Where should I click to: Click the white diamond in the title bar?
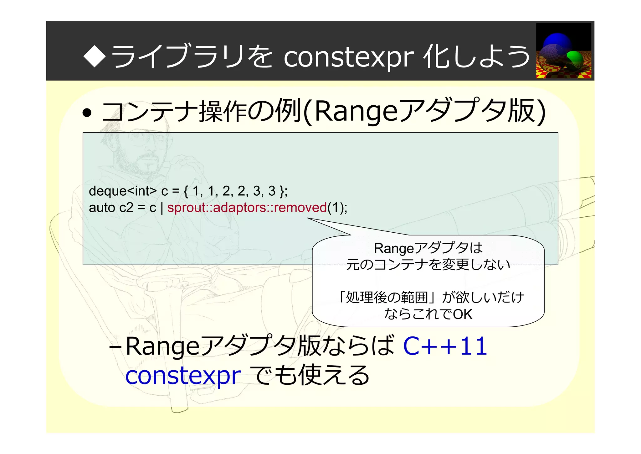94,56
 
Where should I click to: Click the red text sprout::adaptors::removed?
247,208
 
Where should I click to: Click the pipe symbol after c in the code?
162,208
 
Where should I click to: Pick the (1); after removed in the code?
337,208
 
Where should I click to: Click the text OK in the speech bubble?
463,314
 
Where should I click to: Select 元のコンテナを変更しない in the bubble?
428,265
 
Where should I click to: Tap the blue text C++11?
445,346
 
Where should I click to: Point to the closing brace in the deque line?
282,191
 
